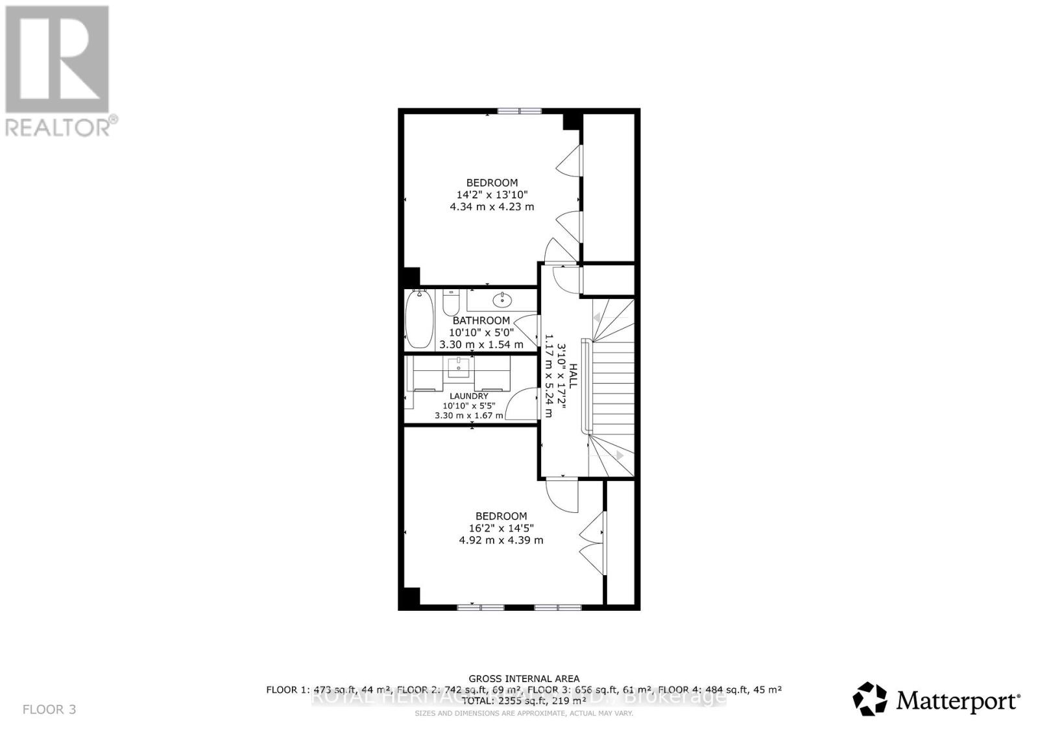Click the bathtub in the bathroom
point(418,320)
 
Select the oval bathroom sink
point(501,300)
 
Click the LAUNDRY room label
point(468,396)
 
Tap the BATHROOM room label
point(481,320)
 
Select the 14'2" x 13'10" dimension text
point(492,195)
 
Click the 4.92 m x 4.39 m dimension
point(501,540)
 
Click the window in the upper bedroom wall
point(520,111)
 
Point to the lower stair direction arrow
point(620,456)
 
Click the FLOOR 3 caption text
point(49,709)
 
